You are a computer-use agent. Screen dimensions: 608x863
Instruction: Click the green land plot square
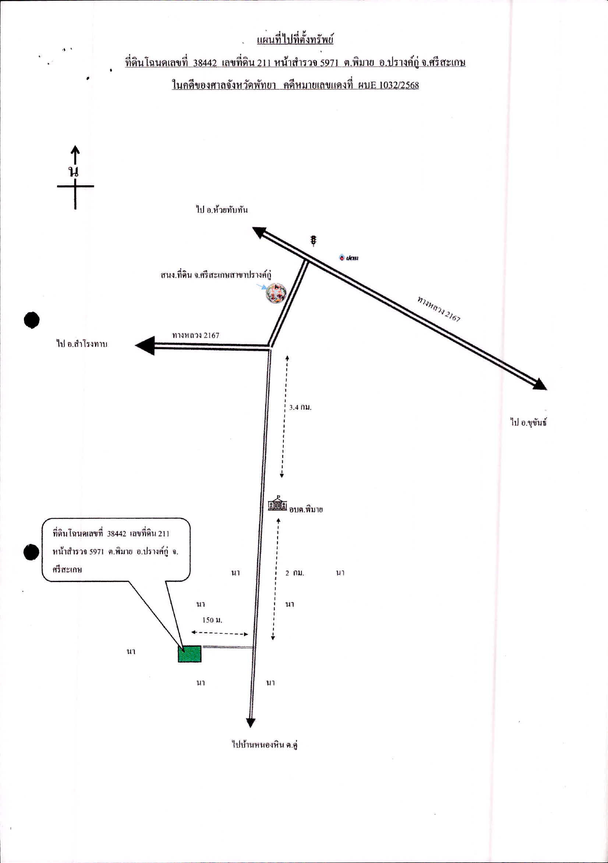190,654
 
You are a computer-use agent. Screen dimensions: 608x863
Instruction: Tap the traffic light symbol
313,240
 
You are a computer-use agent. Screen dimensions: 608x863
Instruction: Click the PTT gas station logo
349,258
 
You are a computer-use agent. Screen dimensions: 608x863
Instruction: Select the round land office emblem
276,294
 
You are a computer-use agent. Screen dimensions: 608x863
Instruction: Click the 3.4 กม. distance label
300,408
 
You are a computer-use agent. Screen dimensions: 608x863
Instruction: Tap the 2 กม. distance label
295,573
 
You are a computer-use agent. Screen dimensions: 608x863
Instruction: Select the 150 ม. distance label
212,620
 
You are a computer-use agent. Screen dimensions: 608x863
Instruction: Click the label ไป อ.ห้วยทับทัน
222,210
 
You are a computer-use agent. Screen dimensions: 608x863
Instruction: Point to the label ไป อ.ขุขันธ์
528,422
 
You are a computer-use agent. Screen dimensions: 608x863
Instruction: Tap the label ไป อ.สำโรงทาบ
82,344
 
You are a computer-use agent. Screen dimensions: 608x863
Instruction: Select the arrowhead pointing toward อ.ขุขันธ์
539,384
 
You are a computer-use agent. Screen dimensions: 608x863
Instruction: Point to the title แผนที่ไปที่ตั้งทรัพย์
295,39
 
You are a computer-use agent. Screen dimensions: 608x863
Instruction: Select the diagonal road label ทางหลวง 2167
439,309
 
